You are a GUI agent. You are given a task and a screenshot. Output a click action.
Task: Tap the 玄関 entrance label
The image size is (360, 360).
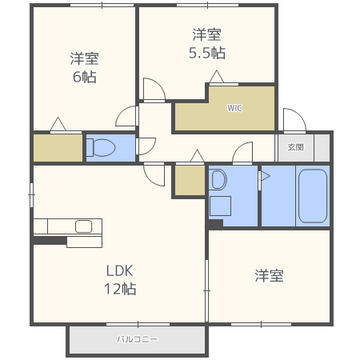pos(296,147)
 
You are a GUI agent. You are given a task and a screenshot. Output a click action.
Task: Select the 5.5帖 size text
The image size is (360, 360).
pos(206,53)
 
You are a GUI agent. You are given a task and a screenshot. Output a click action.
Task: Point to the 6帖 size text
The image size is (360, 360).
pos(83,77)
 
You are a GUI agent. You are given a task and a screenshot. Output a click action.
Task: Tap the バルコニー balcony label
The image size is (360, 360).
pos(137,339)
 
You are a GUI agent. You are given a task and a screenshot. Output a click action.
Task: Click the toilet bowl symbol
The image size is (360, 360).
pos(102,148)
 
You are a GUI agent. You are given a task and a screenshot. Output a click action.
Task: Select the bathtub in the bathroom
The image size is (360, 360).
pos(312,196)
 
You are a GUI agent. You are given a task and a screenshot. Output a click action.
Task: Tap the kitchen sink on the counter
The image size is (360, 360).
pos(83,226)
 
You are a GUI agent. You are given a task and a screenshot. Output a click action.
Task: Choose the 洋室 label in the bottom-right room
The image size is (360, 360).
pos(269,276)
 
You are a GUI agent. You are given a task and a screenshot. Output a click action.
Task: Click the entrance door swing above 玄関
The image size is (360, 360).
pos(294,120)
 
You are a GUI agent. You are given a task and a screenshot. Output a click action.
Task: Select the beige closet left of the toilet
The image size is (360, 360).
pos(58,148)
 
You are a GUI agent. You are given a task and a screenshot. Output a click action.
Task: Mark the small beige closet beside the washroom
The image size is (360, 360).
pos(189,180)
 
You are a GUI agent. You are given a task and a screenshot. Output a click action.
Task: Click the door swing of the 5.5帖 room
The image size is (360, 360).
pos(154,90)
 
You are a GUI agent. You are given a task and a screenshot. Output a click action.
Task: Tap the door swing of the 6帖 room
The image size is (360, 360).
pos(127,117)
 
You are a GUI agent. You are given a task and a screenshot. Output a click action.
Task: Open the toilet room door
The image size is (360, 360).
pos(146,146)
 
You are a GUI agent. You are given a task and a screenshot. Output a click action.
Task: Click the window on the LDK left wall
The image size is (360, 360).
pos(31,191)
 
